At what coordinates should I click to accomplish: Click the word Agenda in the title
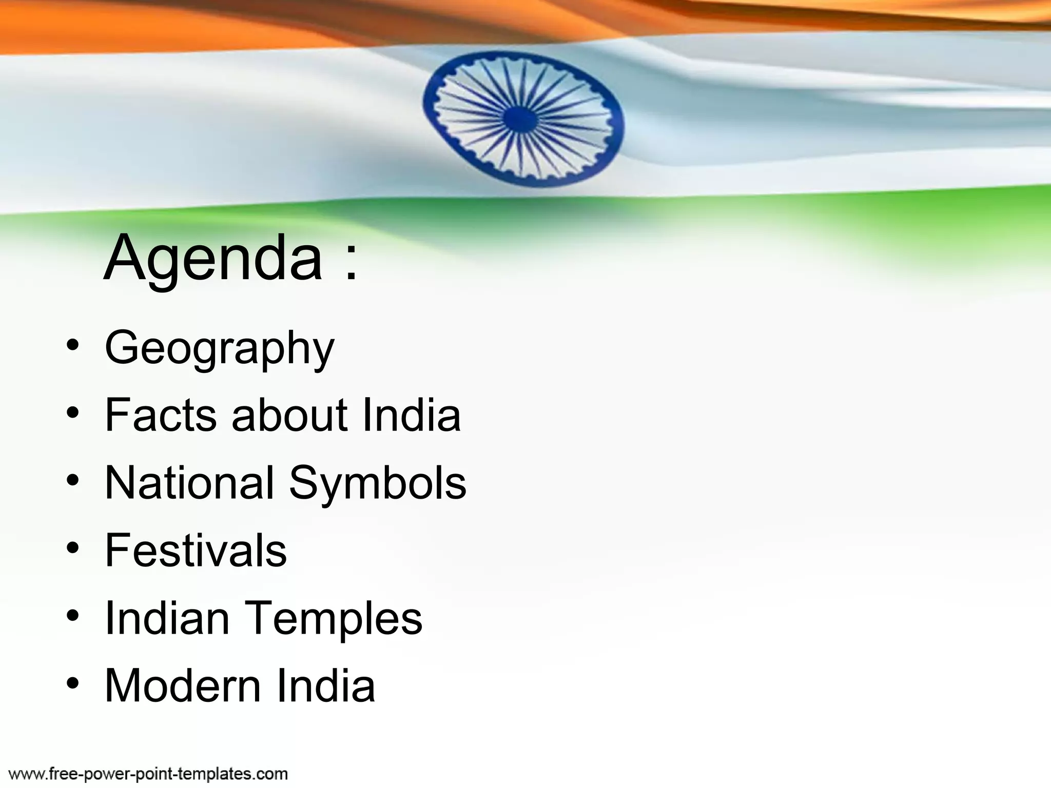[x=213, y=258]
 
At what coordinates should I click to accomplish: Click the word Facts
[x=161, y=415]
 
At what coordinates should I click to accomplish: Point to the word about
[x=289, y=415]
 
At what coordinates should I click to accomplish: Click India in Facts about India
[x=411, y=415]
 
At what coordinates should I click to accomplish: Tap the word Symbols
[x=378, y=483]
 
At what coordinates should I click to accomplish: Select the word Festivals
[x=196, y=550]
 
